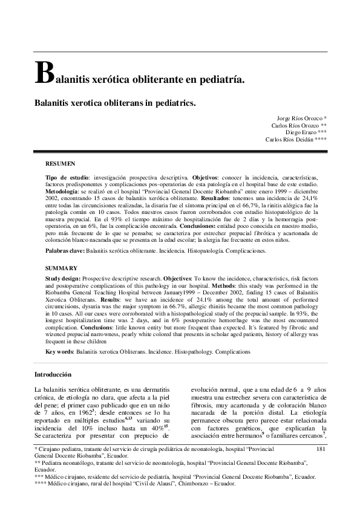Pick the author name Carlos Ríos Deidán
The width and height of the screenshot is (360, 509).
point(287,139)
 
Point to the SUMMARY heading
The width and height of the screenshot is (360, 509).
point(61,268)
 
